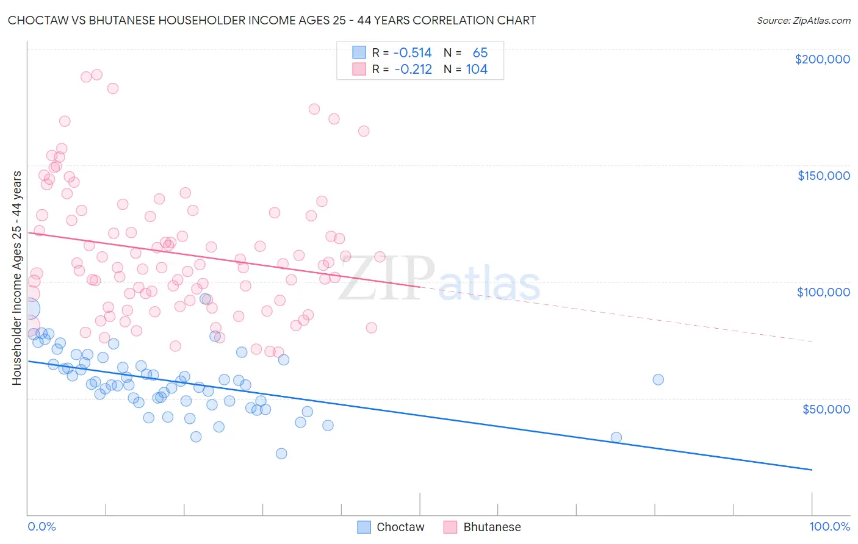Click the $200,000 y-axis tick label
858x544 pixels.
(x=822, y=59)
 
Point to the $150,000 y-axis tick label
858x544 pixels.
(x=823, y=176)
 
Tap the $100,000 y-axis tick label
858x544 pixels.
(x=823, y=292)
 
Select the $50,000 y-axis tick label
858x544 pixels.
(x=826, y=409)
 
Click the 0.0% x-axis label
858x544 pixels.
(x=41, y=527)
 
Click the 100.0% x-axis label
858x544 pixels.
(x=829, y=527)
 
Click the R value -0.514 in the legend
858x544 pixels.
(x=413, y=53)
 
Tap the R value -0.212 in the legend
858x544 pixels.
(x=413, y=70)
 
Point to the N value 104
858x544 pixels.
(x=477, y=70)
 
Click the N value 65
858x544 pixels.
(x=480, y=53)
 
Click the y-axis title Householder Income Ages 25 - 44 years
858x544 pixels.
(x=16, y=278)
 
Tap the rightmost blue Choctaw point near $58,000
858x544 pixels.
(x=658, y=379)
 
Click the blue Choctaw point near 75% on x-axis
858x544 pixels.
(x=616, y=437)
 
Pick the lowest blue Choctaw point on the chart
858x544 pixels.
(x=281, y=453)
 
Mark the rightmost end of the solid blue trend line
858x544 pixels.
(x=812, y=470)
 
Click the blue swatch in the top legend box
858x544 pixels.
(x=359, y=53)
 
